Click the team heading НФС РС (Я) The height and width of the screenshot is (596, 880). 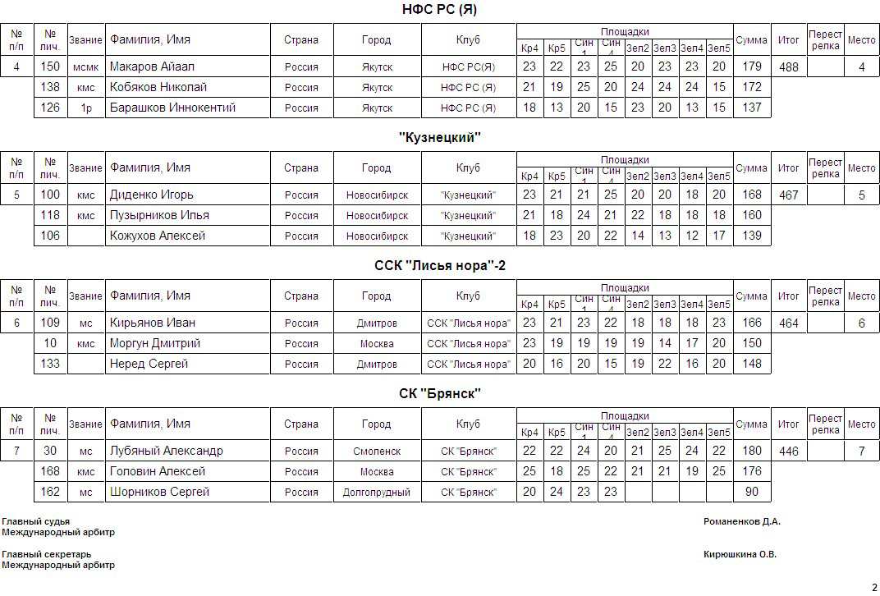439,10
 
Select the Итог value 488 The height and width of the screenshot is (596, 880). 788,67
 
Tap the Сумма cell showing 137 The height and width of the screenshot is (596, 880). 751,108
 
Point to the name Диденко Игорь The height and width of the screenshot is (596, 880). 152,195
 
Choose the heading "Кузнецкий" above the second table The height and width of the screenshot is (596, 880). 439,138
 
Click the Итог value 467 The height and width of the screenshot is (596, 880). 788,195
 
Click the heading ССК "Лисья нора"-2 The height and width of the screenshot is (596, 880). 439,266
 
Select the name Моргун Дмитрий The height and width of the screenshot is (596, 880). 155,343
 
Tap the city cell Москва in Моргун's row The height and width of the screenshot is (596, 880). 377,344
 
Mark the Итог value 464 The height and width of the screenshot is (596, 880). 788,323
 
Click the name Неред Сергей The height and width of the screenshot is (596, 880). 149,364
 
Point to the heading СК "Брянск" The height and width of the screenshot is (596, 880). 439,394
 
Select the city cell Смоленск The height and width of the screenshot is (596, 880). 377,452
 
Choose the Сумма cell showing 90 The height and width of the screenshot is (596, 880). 751,492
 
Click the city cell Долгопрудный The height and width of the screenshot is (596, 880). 377,493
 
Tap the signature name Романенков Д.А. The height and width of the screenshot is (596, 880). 742,521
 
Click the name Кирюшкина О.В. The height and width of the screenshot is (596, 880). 740,554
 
